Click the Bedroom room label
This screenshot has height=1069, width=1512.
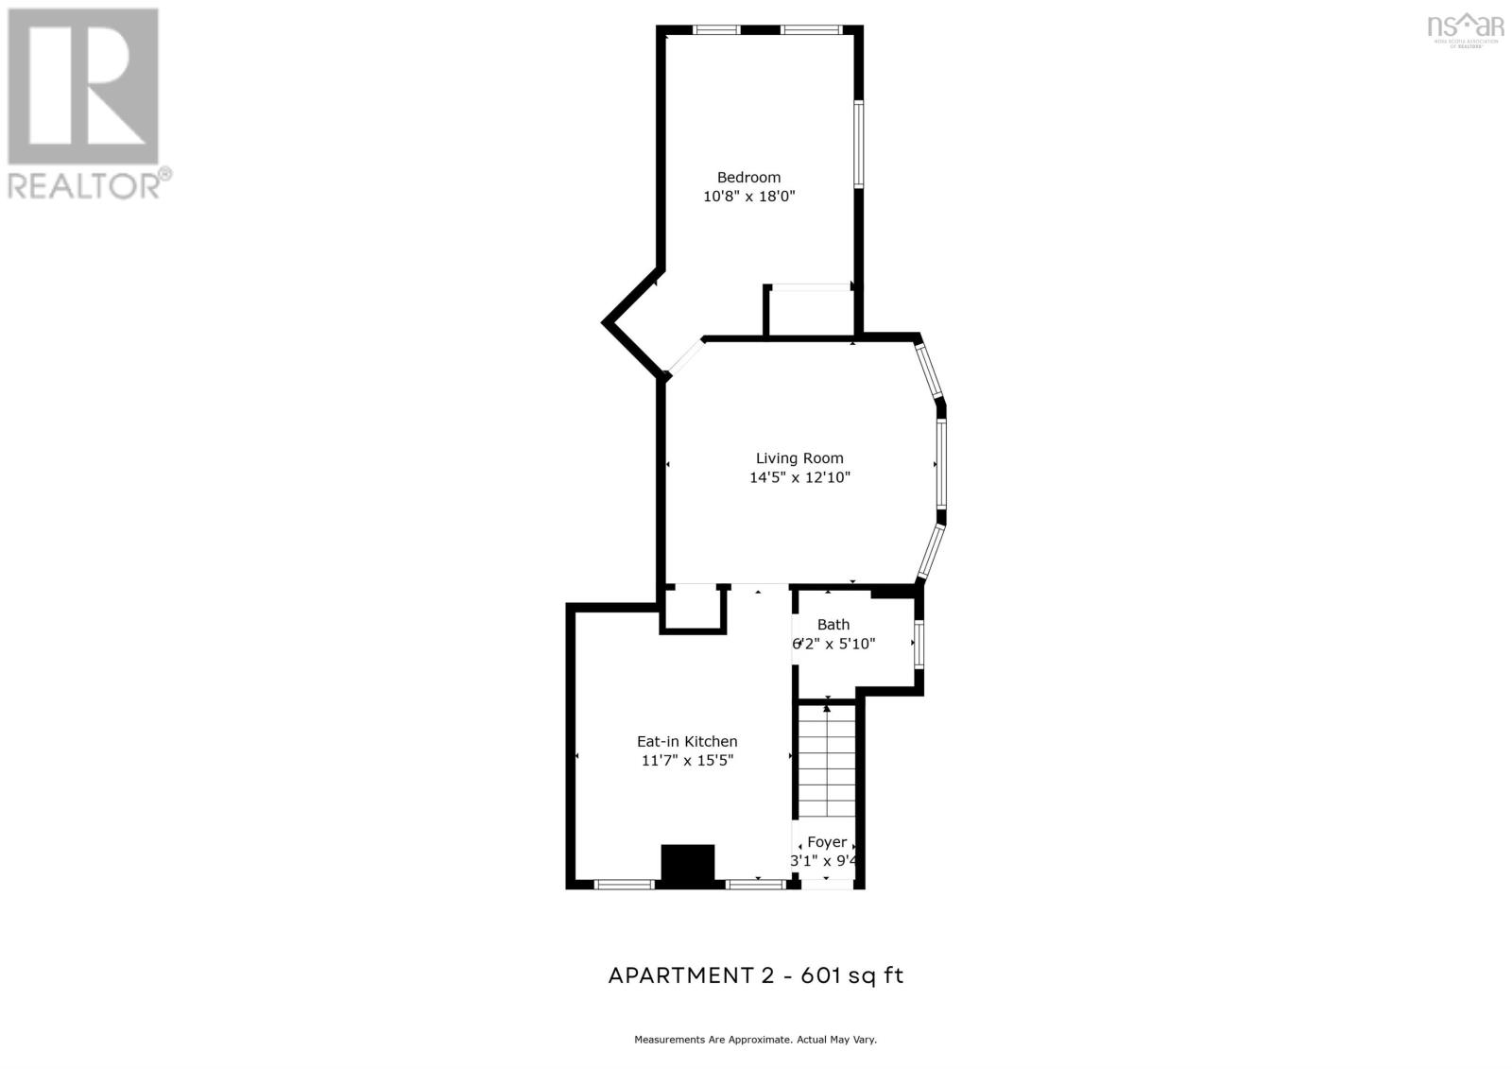coord(748,177)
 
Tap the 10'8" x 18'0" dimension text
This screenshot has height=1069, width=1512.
coord(748,197)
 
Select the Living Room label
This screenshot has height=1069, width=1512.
coord(799,458)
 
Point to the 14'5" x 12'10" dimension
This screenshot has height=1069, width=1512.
coord(799,477)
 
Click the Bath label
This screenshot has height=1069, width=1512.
coord(833,625)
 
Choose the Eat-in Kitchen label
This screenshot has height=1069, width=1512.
coord(687,742)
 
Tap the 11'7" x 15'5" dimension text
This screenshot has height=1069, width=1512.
coord(687,761)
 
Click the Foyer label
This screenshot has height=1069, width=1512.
coord(826,842)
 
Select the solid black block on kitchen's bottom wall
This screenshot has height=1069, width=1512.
coord(687,866)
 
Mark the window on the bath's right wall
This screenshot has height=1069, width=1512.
coord(919,644)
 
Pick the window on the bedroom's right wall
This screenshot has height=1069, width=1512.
coord(858,144)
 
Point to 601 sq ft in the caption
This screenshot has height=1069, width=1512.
coord(852,975)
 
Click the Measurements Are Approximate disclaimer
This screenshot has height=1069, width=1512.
coord(755,1040)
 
